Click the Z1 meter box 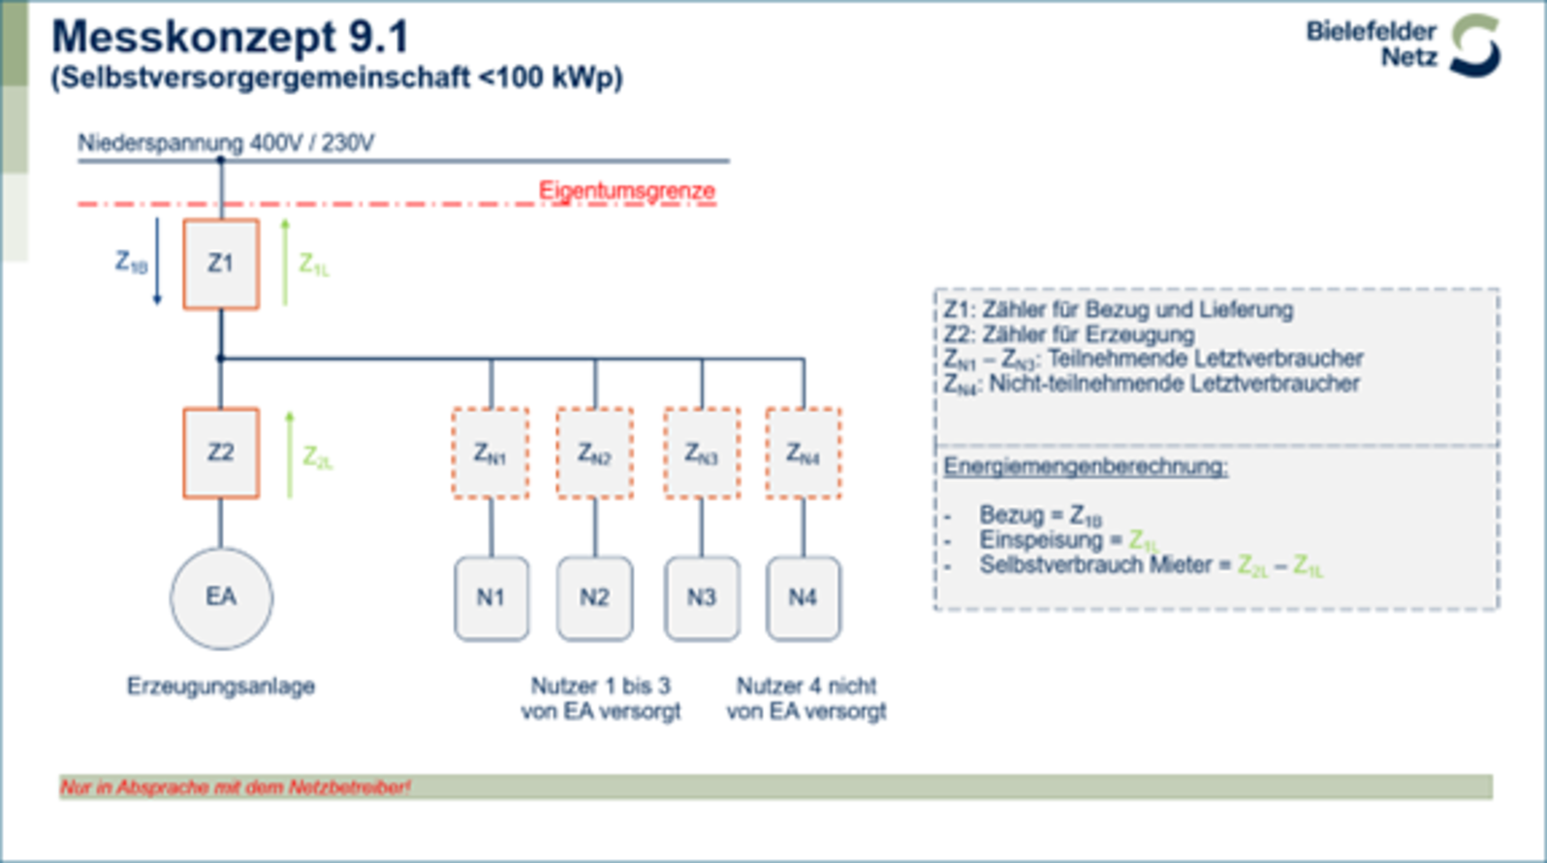click(x=221, y=264)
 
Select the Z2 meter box click(x=221, y=453)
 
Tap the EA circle click(x=221, y=597)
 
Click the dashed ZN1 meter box click(x=490, y=453)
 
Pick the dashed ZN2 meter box click(x=595, y=453)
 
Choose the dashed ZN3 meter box click(x=702, y=453)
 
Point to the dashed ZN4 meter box click(x=804, y=453)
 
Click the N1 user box click(x=491, y=597)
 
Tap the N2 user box click(x=595, y=597)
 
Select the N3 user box click(x=702, y=597)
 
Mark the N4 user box click(x=804, y=597)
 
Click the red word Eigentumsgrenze click(x=627, y=191)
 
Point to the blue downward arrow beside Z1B click(x=157, y=262)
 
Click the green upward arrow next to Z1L click(x=285, y=262)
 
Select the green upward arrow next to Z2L click(x=289, y=455)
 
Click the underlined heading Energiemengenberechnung click(x=1086, y=466)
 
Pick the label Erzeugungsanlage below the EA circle click(x=221, y=687)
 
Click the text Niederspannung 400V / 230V click(x=226, y=144)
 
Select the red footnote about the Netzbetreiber click(x=236, y=787)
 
